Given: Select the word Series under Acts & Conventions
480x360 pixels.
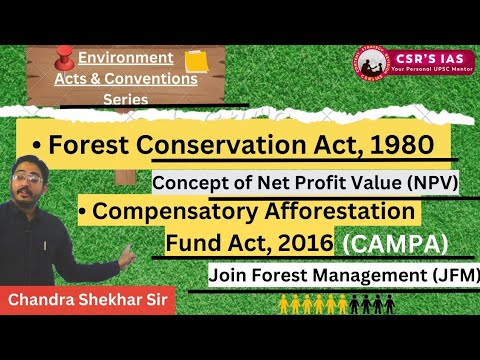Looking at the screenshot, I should (125, 99).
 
